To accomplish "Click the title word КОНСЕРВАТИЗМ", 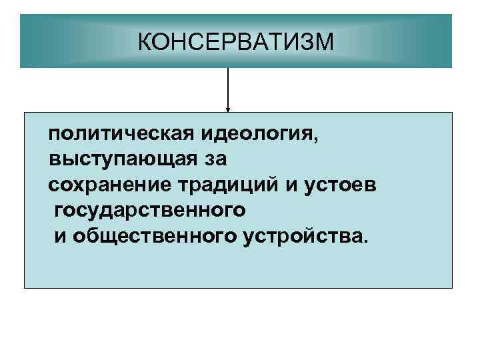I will click(x=235, y=43).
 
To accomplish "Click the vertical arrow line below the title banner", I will click(x=229, y=87).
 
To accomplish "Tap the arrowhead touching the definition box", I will click(x=229, y=109).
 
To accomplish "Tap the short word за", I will click(x=216, y=158).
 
